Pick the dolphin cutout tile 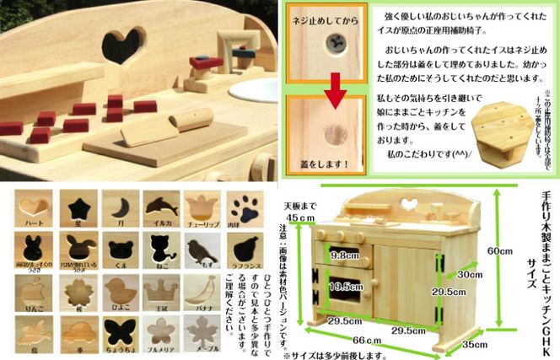[x=159, y=205]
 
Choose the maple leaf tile [x=200, y=335]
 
